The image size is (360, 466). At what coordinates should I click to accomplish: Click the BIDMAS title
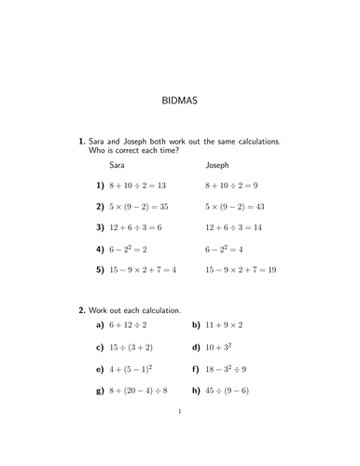point(179,96)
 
